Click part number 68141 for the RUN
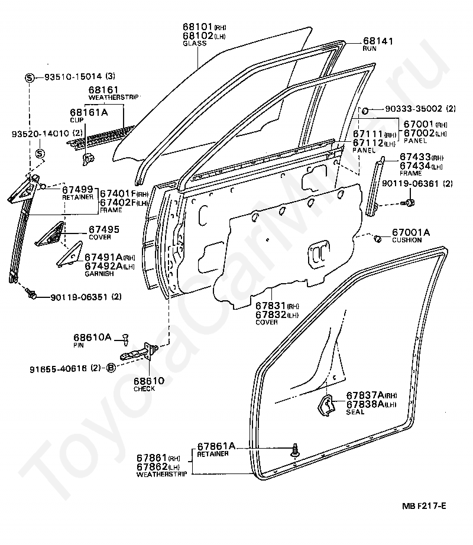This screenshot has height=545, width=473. pos(378,41)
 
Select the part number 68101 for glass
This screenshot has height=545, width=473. pos(197,27)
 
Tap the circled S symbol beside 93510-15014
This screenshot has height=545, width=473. pos(30,77)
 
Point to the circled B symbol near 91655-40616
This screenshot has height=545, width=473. pos(111,368)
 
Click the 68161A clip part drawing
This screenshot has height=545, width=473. pos(88,159)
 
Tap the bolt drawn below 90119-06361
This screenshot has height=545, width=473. pos(409,203)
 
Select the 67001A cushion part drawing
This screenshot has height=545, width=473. pos(377,239)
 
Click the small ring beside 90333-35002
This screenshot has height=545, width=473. pos(365,111)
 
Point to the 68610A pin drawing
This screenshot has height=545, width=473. pos(126,339)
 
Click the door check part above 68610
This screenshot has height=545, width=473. pos(140,352)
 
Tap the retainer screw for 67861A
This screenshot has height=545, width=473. pos(296,450)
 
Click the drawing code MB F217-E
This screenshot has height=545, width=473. pos(424,506)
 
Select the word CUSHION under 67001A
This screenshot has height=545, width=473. pos(407,240)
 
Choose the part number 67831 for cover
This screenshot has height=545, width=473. pos(271,306)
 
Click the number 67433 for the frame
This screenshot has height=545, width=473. pos(415,157)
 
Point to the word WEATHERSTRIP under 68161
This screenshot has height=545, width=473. pos(114,98)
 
